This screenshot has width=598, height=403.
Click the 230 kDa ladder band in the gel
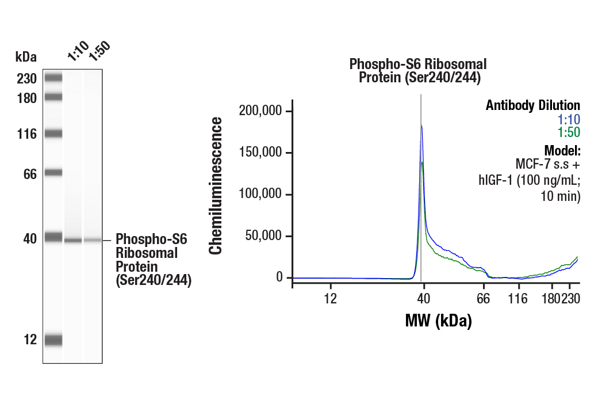(x=53, y=78)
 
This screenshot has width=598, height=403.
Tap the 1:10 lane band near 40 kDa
(x=73, y=240)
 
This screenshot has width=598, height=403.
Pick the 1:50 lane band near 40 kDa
(x=93, y=240)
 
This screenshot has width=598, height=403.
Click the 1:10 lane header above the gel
(x=77, y=52)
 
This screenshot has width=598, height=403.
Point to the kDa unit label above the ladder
(x=26, y=56)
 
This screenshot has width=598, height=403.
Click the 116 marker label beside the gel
(x=26, y=134)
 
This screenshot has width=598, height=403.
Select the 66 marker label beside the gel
(x=30, y=173)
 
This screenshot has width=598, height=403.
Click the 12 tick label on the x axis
(x=329, y=298)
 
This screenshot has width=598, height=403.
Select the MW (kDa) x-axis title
(x=438, y=320)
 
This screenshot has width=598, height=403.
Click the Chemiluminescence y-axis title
(x=216, y=185)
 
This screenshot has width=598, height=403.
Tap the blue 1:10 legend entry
(x=569, y=119)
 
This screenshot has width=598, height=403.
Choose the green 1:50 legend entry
(x=569, y=132)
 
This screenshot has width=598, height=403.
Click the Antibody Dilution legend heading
(x=532, y=105)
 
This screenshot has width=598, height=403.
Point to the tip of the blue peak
(x=421, y=125)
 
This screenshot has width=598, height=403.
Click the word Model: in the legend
(x=562, y=151)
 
